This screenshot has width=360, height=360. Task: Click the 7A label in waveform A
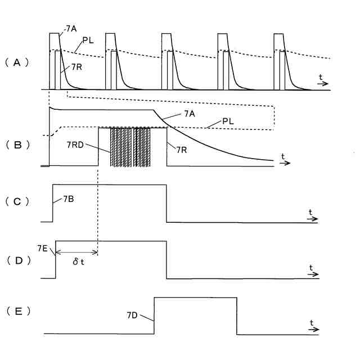coord(71,28)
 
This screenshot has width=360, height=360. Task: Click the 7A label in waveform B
coord(190,114)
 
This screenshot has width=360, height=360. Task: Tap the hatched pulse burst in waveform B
coord(130,146)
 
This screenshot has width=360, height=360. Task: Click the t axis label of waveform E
coord(311,322)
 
